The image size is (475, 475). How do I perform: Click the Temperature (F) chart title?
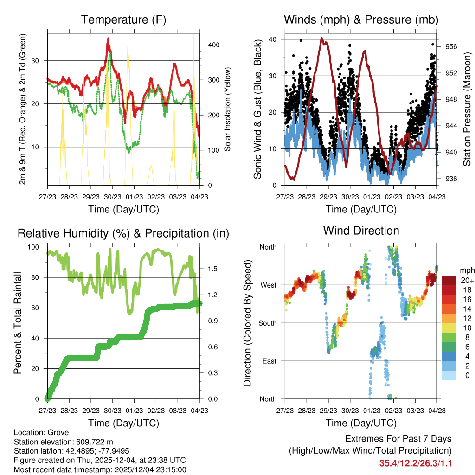click(123, 20)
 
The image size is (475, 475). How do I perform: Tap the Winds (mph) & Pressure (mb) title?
click(361, 20)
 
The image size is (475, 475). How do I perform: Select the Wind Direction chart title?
click(361, 231)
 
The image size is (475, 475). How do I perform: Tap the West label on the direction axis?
click(268, 285)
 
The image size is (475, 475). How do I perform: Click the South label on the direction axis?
click(267, 323)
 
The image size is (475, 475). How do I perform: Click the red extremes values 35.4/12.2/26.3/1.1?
click(416, 463)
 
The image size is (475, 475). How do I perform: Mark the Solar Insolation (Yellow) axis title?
click(228, 109)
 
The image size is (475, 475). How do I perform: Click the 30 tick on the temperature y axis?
click(39, 61)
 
